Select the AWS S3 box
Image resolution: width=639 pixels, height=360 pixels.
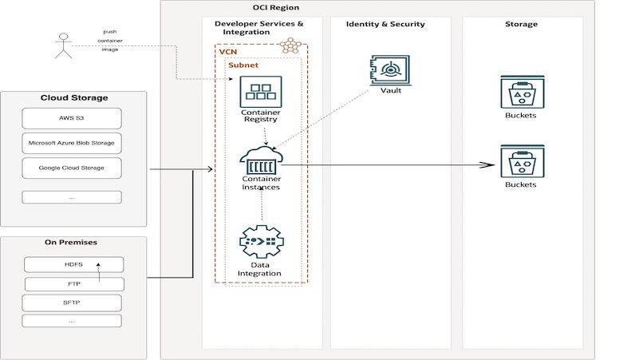point(73,119)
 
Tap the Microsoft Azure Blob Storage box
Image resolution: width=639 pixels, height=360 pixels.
point(73,144)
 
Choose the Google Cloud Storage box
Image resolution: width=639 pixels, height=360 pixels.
point(73,168)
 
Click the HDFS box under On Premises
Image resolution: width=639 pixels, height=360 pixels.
point(74,264)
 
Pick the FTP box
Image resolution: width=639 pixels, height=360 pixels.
point(74,283)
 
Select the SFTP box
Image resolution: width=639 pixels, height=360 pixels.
point(74,303)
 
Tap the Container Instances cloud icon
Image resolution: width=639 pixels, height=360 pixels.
point(261,162)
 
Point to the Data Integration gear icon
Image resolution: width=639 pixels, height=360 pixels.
point(261,243)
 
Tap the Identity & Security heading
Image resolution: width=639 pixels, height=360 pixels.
point(385,24)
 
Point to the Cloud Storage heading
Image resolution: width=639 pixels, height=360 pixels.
point(74,98)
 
